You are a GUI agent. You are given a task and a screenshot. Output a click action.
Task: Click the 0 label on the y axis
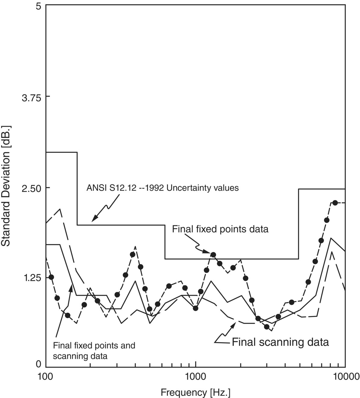38,364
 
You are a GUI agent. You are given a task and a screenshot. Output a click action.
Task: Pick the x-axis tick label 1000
196,377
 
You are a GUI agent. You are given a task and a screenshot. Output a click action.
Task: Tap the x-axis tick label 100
46,377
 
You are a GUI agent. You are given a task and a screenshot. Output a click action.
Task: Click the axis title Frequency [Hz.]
196,392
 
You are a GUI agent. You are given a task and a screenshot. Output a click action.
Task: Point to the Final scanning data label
280,343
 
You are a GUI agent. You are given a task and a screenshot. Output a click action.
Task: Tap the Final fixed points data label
220,229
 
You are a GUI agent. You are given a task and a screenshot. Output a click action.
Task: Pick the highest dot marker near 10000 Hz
335,203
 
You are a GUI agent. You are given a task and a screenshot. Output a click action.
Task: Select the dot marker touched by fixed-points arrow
213,255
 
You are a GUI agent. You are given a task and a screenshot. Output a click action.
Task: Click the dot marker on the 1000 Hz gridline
196,308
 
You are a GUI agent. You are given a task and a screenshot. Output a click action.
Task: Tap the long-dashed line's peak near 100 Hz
60,209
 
